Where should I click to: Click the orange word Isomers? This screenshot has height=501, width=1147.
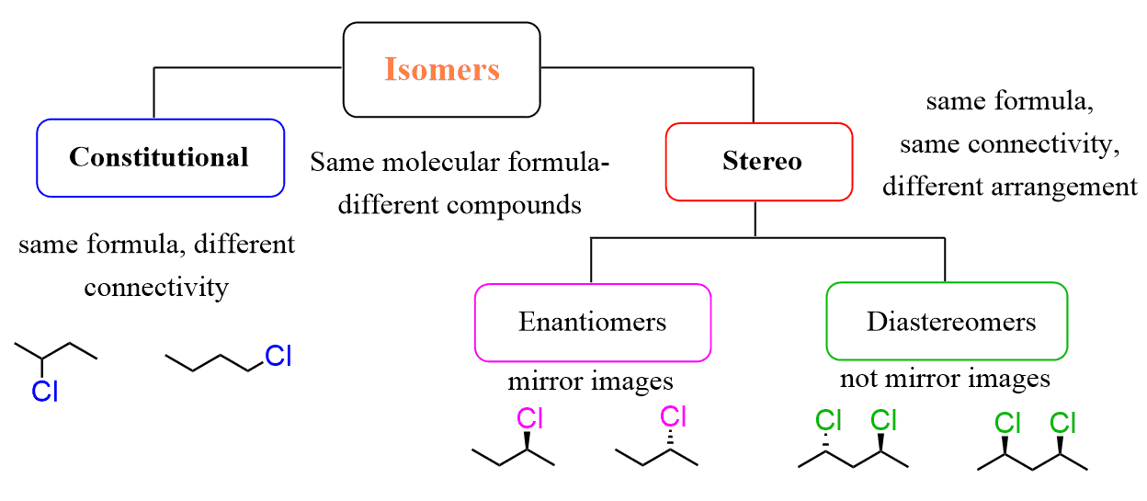coord(441,70)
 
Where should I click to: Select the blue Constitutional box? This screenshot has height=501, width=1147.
coord(159,157)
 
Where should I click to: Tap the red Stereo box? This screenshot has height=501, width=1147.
coord(760,162)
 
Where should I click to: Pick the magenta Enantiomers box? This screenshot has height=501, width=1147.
coord(592,322)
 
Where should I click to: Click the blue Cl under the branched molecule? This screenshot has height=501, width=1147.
coord(44,392)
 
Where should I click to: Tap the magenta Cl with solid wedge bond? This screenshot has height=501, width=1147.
coord(530,419)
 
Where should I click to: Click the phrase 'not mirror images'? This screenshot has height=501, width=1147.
coord(944,378)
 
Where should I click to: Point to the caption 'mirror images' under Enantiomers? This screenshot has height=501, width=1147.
coord(590,381)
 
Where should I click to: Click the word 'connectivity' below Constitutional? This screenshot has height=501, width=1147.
coord(156,287)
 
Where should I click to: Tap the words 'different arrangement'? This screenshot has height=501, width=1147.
coord(1009,186)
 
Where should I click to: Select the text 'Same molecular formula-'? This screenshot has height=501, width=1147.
coord(460,163)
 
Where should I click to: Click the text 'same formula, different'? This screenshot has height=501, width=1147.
coord(156,245)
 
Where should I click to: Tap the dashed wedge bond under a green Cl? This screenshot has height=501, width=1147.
coord(827,443)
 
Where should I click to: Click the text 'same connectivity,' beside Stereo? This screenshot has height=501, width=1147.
coord(1009,143)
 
